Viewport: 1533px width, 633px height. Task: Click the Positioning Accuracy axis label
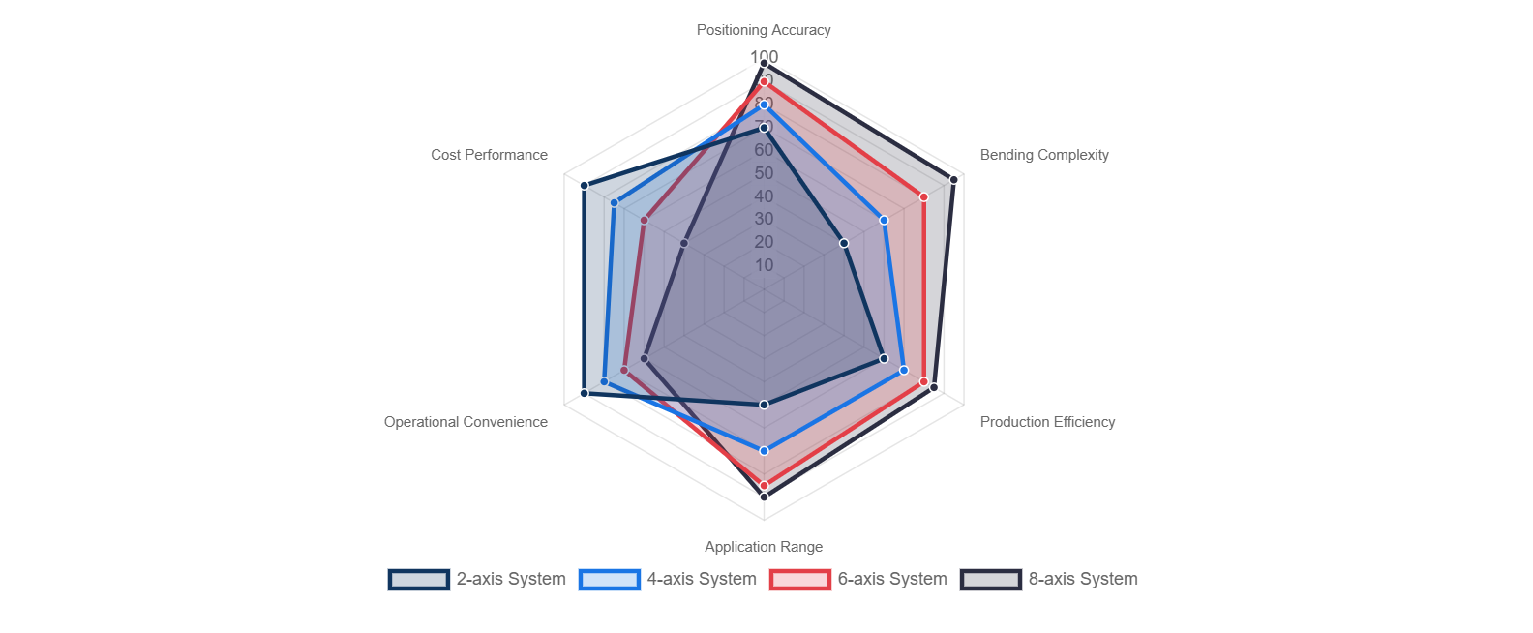click(764, 30)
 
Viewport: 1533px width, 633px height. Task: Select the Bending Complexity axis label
click(1044, 155)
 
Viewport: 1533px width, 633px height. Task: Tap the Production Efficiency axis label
click(1047, 422)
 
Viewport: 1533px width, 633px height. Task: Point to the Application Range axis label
click(764, 547)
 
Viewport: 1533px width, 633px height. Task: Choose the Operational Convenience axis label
click(466, 422)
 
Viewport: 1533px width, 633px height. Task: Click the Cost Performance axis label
click(489, 155)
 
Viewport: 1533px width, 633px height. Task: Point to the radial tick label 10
click(764, 265)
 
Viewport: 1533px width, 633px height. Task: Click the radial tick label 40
click(764, 196)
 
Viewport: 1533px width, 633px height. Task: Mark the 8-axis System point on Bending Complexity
click(953, 179)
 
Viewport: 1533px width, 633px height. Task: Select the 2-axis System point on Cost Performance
click(584, 185)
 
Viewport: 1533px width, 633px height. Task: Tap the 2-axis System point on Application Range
click(764, 405)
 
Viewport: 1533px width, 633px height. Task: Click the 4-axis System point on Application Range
click(764, 451)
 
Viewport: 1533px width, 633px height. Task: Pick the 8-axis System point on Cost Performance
click(683, 243)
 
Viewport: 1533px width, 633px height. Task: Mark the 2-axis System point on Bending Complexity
click(844, 243)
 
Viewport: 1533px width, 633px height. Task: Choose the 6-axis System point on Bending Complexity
click(923, 197)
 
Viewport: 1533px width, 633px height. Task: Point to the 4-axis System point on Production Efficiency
click(903, 370)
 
